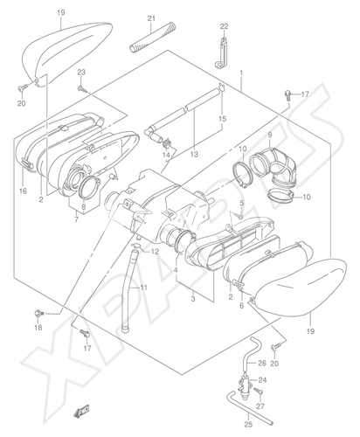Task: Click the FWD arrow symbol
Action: point(82,412)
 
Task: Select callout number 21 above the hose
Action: point(151,18)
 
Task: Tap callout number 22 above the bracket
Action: point(224,26)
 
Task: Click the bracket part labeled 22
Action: point(221,52)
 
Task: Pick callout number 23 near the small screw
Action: point(81,73)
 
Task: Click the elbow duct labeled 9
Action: point(273,166)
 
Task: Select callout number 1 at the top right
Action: point(241,72)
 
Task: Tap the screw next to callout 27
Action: point(259,392)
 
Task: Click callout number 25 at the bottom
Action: point(248,425)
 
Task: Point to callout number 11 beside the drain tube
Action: point(143,288)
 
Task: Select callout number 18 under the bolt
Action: point(38,328)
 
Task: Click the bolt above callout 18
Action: point(39,314)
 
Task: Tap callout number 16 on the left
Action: point(23,191)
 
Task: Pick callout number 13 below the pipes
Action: point(194,154)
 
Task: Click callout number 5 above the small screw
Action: point(241,203)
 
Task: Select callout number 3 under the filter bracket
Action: point(193,299)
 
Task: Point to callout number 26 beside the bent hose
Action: point(262,363)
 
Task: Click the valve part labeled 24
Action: point(245,386)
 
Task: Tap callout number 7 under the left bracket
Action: point(76,219)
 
